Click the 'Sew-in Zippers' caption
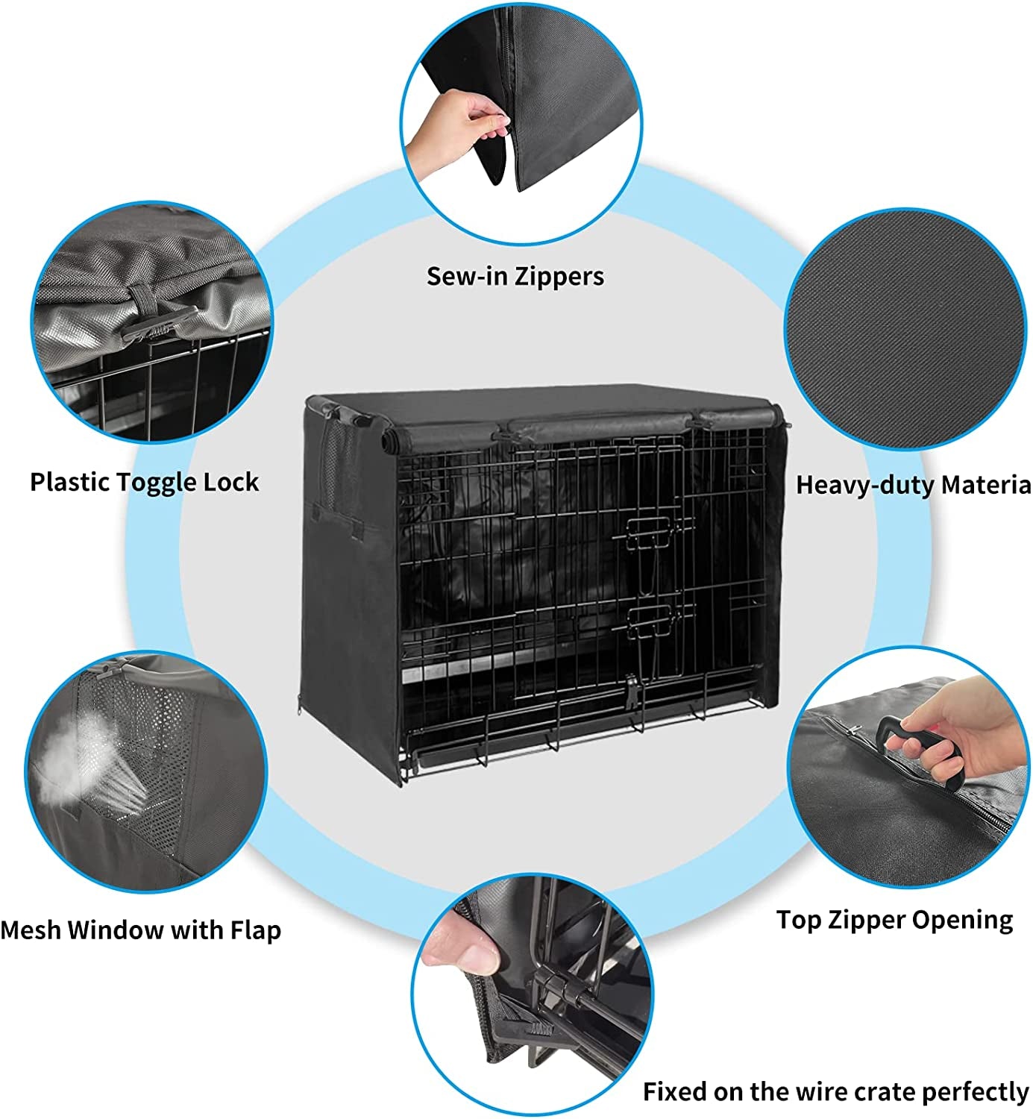click(515, 276)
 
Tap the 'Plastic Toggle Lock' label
click(144, 482)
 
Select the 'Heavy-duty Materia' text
click(913, 485)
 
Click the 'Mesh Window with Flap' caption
click(140, 930)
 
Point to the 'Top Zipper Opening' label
click(894, 920)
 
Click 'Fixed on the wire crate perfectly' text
click(835, 1091)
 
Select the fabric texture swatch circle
click(905, 328)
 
